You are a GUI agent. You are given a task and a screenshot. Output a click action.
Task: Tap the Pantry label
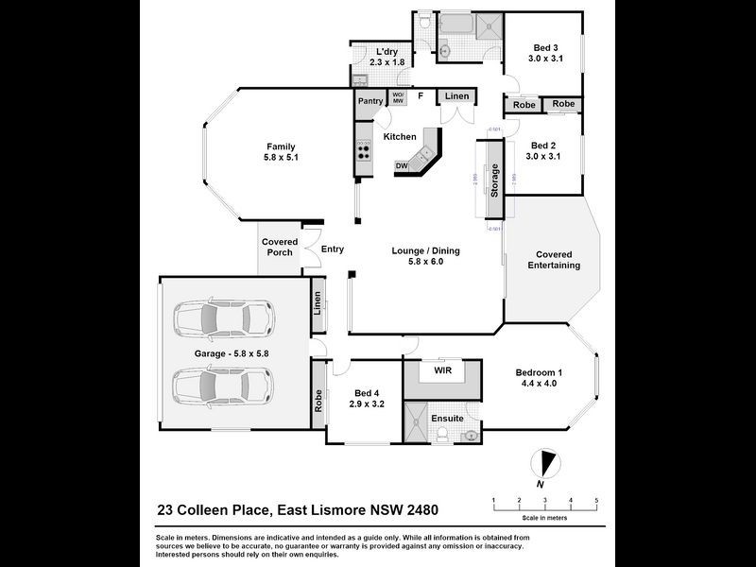[x=369, y=101]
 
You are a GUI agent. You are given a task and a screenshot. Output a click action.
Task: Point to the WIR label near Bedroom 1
[x=443, y=370]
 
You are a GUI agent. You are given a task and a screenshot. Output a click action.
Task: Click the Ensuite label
[x=447, y=418]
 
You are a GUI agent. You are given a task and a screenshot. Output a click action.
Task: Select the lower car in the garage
[x=222, y=385]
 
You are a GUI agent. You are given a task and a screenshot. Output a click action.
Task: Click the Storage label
[x=494, y=180]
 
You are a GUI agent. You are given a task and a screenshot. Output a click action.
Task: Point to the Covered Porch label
[x=279, y=248]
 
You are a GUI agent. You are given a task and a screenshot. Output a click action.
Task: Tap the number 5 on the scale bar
[x=596, y=500]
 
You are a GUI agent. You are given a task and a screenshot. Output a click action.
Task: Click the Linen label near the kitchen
[x=456, y=96]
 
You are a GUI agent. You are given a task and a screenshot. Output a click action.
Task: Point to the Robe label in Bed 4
[x=319, y=402]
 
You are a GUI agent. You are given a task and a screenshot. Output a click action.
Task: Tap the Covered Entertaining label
[x=558, y=260]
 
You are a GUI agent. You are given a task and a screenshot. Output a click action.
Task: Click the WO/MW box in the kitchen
[x=398, y=97]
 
